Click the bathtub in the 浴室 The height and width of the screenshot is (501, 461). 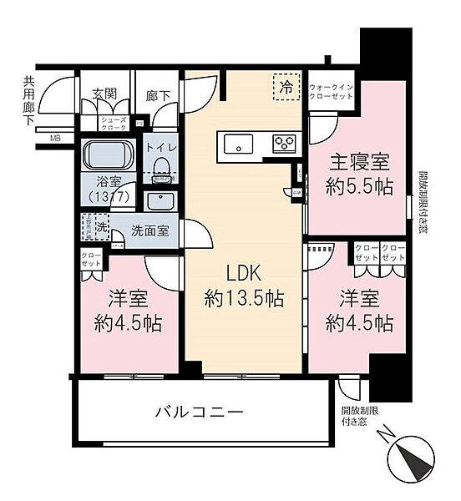pyautogui.click(x=109, y=155)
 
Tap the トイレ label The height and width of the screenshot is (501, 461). pyautogui.click(x=160, y=148)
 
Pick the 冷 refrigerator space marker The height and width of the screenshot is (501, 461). pyautogui.click(x=286, y=85)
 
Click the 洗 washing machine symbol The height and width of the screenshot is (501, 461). pyautogui.click(x=100, y=225)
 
